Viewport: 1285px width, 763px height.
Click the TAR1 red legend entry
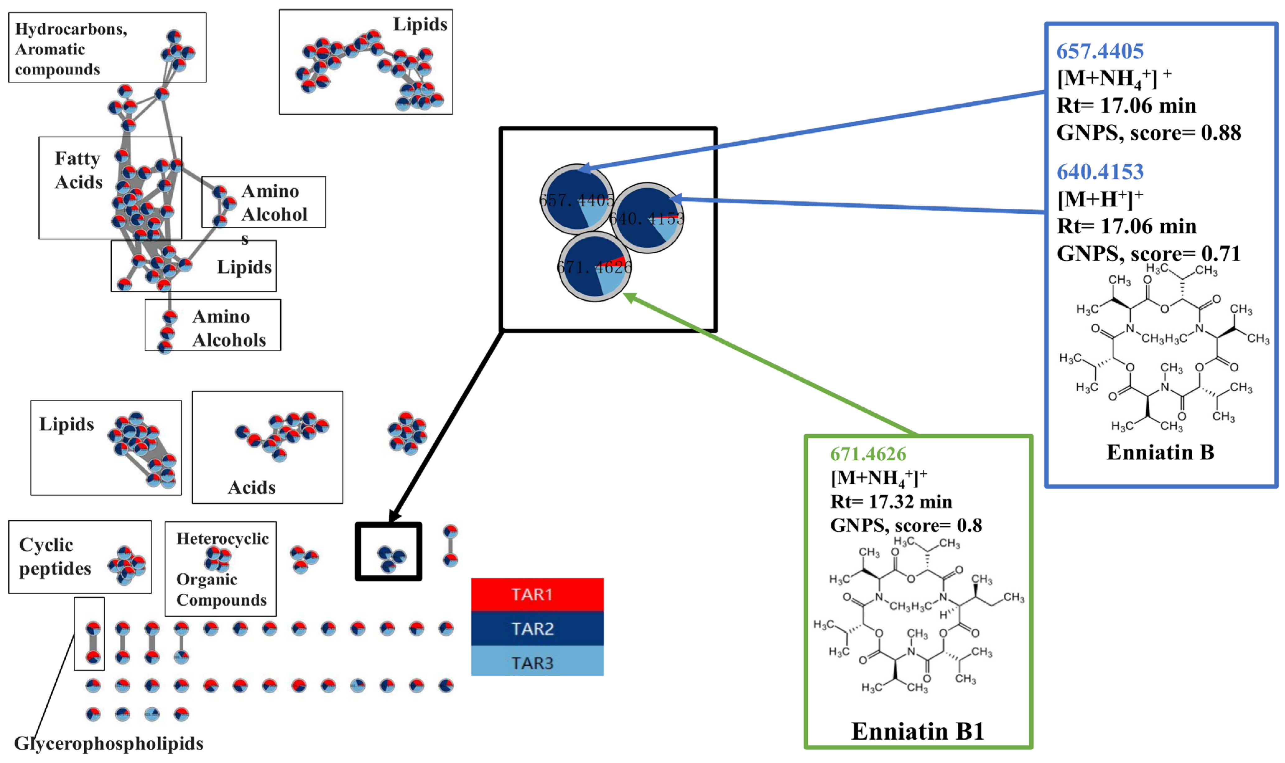coord(537,594)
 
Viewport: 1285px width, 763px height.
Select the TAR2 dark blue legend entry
coord(537,628)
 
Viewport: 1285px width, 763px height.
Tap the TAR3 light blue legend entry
coord(537,662)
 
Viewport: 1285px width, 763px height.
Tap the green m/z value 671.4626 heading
coord(868,454)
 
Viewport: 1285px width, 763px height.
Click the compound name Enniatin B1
coord(917,731)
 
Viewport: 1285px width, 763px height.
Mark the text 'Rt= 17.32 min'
coord(891,501)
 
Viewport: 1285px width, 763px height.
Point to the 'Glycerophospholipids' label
coord(109,743)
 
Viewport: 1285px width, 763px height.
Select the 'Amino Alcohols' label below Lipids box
coord(228,328)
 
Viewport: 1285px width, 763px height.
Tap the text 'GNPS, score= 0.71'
coord(1148,254)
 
